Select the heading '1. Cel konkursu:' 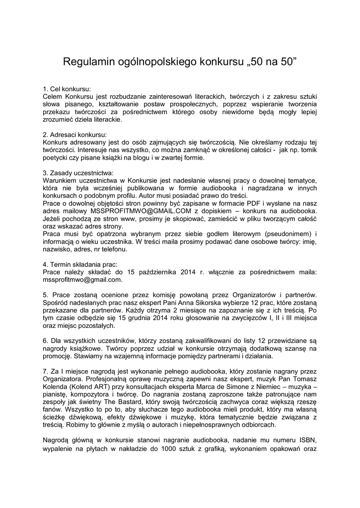(67, 89)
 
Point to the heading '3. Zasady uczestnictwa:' (78, 173)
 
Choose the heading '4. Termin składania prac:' (80, 264)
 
